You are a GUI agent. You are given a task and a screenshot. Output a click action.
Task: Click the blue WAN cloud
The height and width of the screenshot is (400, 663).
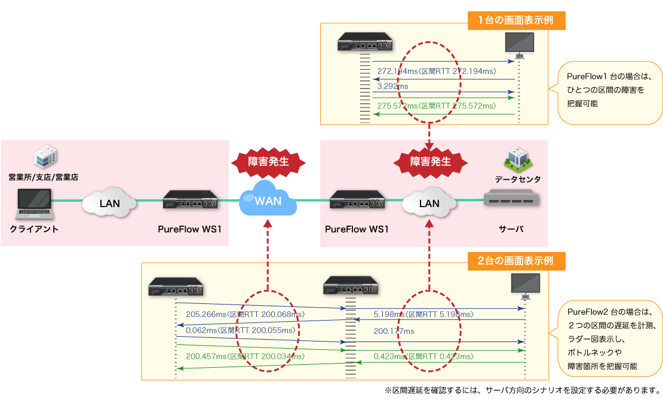pyautogui.click(x=268, y=200)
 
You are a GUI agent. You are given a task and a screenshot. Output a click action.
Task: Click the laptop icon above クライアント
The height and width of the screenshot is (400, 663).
pyautogui.click(x=34, y=203)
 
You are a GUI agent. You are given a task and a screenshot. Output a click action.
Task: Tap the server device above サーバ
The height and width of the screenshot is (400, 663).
pyautogui.click(x=511, y=199)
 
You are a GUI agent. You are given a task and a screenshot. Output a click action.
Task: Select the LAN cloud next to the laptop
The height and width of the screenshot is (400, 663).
pyautogui.click(x=109, y=203)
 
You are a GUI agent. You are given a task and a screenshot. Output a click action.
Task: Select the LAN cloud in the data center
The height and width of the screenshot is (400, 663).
pyautogui.click(x=429, y=203)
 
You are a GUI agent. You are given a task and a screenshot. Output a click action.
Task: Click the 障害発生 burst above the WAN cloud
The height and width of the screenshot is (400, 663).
pyautogui.click(x=268, y=161)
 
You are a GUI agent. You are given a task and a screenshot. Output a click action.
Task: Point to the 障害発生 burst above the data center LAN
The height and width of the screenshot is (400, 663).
pyautogui.click(x=429, y=161)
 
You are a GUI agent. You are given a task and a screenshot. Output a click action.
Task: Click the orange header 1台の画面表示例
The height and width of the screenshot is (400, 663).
pyautogui.click(x=516, y=20)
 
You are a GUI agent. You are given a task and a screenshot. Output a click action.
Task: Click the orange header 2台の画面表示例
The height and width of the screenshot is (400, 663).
pyautogui.click(x=516, y=261)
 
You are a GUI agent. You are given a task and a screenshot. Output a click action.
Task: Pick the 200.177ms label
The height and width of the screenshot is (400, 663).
pyautogui.click(x=394, y=331)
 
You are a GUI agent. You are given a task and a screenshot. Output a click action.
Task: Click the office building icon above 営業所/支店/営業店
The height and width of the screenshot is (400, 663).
pyautogui.click(x=45, y=156)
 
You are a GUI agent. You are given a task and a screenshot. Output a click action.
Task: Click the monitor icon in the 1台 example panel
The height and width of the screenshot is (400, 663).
pyautogui.click(x=519, y=45)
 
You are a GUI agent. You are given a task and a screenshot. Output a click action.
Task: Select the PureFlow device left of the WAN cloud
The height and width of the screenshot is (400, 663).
pyautogui.click(x=189, y=200)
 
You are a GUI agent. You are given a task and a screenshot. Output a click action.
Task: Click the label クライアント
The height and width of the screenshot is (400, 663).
pyautogui.click(x=34, y=229)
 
